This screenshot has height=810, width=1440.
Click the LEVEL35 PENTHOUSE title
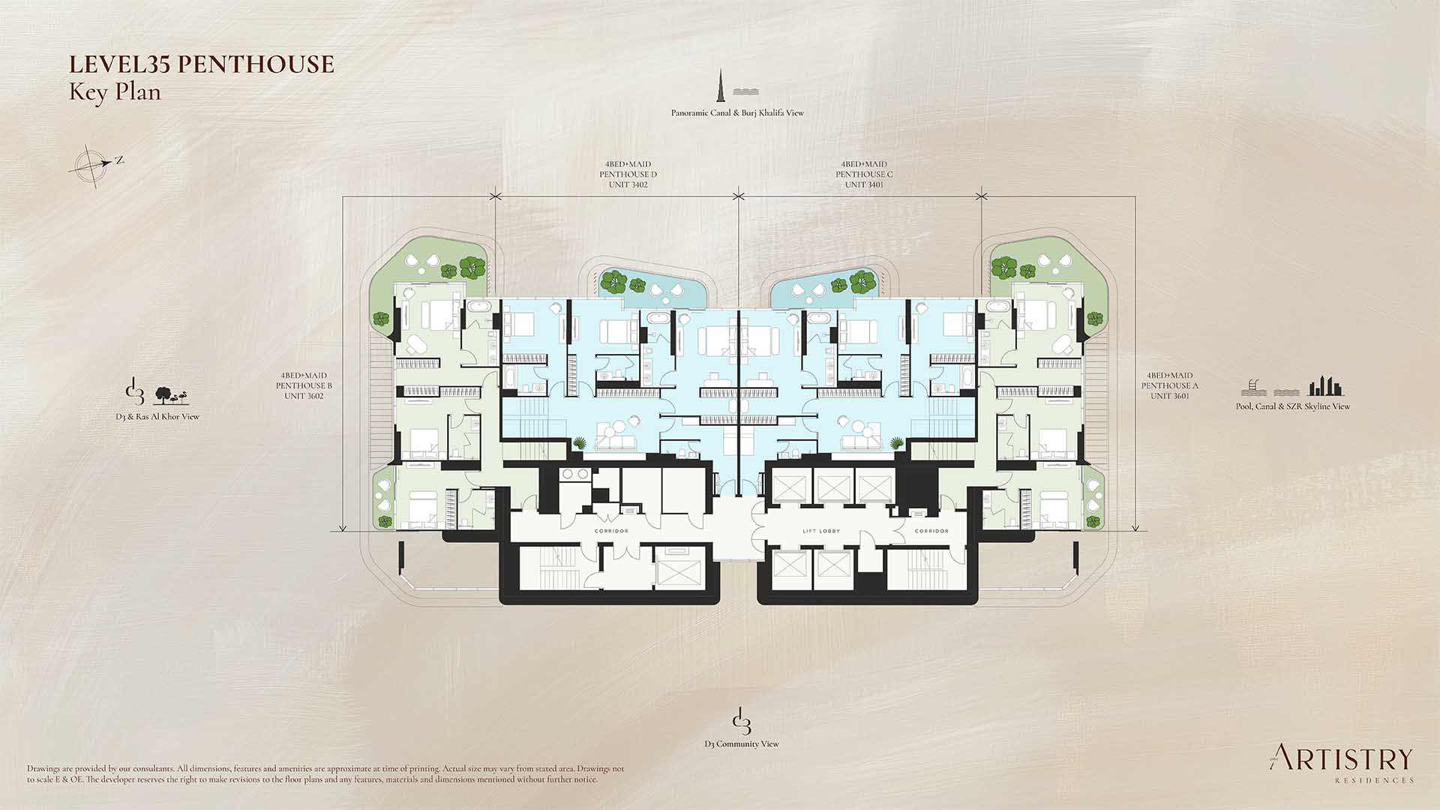(201, 64)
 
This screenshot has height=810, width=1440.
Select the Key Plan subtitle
(115, 92)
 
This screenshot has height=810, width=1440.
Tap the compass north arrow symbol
(95, 165)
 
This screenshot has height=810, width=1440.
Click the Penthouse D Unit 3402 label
(628, 174)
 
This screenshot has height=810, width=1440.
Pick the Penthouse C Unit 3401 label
(864, 174)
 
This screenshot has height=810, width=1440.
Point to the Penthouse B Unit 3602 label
(304, 385)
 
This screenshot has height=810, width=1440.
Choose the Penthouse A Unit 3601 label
(1170, 385)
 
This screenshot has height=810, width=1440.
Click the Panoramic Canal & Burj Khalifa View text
(737, 113)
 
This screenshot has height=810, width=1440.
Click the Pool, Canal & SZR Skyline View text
(1293, 406)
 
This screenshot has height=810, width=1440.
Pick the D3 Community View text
(741, 744)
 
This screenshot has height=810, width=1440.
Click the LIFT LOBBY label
(821, 531)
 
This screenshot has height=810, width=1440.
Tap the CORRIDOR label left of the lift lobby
(611, 531)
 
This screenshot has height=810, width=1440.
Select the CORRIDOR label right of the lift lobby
(931, 531)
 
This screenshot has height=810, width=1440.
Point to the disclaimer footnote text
(325, 774)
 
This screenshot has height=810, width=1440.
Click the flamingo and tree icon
(171, 396)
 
